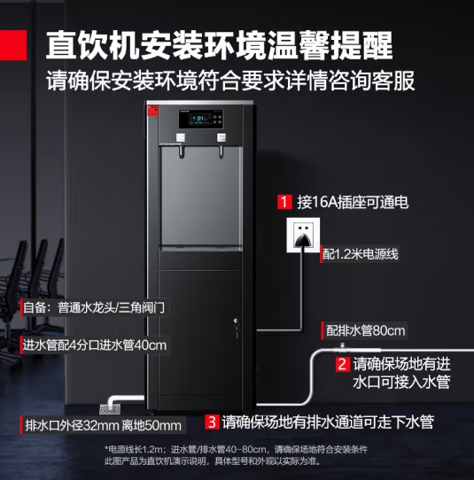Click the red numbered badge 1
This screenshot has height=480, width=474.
284,202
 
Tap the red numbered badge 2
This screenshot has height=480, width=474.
343,364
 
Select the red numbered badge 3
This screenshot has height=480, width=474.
213,422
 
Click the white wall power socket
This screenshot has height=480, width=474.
303,235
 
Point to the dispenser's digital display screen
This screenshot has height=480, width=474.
201,119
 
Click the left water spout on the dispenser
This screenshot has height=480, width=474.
182,152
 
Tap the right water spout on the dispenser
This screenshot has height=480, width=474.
221,152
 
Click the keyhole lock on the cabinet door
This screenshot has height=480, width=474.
236,321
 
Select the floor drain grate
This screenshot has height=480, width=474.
110,409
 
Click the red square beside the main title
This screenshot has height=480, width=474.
13,45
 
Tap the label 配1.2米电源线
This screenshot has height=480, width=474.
360,254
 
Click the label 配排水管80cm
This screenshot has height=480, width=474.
365,330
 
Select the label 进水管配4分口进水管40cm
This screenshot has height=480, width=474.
95,345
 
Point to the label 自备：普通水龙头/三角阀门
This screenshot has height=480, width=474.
94,307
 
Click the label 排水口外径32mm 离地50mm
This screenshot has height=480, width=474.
103,425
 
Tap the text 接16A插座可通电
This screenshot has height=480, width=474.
353,202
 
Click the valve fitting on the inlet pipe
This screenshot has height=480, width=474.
342,347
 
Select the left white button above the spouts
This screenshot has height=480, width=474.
181,137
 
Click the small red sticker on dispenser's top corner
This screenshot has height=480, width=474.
152,111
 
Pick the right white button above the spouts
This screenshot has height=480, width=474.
221,137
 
